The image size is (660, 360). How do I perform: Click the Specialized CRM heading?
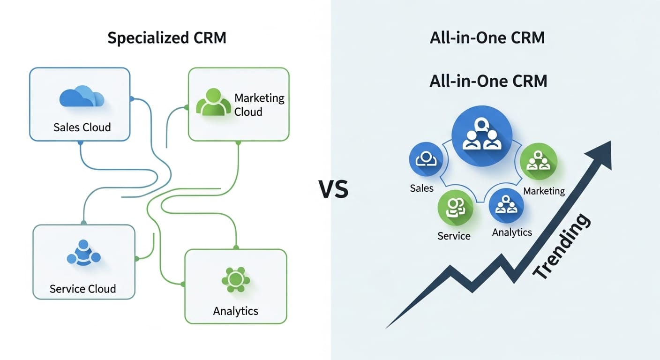pyautogui.click(x=166, y=38)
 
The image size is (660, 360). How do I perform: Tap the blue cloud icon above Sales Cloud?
pyautogui.click(x=82, y=97)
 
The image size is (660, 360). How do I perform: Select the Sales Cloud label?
pyautogui.click(x=82, y=127)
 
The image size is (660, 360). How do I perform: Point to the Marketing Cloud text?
pyautogui.click(x=259, y=105)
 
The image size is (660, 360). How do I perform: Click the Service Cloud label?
pyautogui.click(x=82, y=289)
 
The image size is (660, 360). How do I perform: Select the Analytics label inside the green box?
pyautogui.click(x=235, y=311)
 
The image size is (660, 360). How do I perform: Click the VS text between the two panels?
pyautogui.click(x=334, y=190)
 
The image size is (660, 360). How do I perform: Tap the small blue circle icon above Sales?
pyautogui.click(x=426, y=159)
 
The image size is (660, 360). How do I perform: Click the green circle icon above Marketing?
pyautogui.click(x=539, y=161)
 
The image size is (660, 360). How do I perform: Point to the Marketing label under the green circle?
pyautogui.click(x=544, y=191)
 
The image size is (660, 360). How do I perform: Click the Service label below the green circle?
pyautogui.click(x=454, y=236)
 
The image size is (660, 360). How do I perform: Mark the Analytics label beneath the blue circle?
pyautogui.click(x=512, y=232)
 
